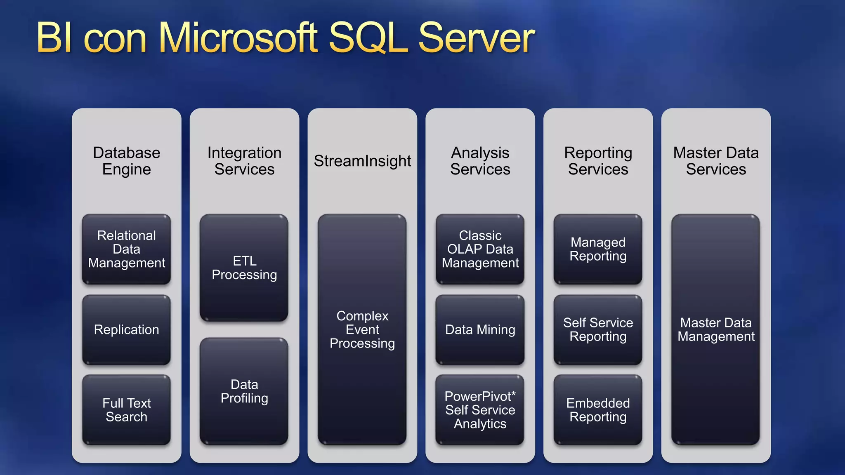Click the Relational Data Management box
[126, 249]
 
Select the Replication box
[126, 329]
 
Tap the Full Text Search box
[126, 409]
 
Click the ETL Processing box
[244, 268]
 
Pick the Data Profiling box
[244, 391]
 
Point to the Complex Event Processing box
[362, 329]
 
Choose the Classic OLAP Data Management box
[480, 249]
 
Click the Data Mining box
[480, 329]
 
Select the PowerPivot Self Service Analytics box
[480, 409]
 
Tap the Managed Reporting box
[598, 249]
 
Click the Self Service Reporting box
[598, 329]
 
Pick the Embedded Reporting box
[598, 409]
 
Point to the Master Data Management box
[716, 329]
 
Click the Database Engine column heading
[126, 161]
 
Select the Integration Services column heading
[244, 161]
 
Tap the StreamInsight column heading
[362, 161]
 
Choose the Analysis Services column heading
[480, 161]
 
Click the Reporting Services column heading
[598, 161]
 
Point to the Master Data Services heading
[716, 161]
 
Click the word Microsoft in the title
[238, 38]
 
